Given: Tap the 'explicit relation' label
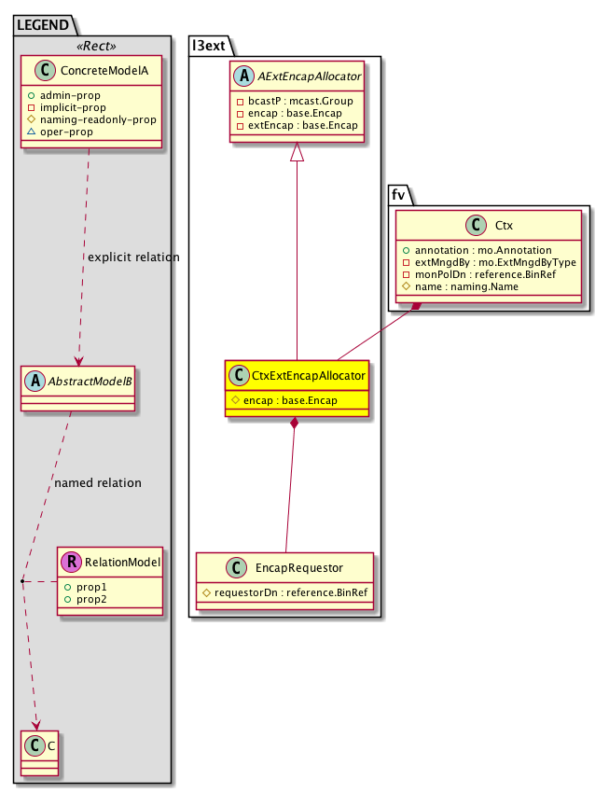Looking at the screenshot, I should (132, 257).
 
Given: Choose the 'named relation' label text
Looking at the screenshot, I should (98, 483).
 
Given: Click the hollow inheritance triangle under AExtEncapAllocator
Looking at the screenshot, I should (297, 152).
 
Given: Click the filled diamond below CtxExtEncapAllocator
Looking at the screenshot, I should (296, 424).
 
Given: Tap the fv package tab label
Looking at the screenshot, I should (398, 193).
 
